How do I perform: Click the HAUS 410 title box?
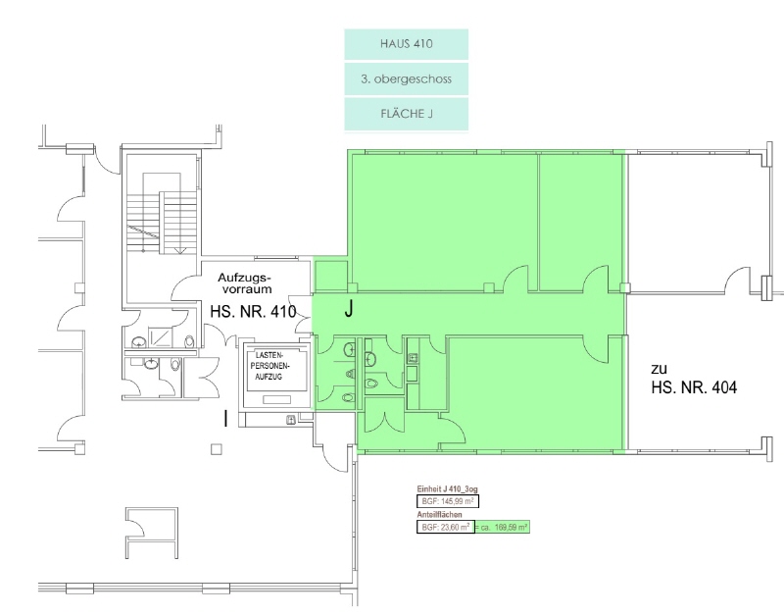point(406,44)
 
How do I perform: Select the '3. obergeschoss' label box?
point(406,79)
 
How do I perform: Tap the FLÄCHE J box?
point(406,114)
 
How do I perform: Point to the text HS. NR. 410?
point(253,312)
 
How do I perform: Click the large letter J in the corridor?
point(349,309)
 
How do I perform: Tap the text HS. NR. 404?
point(694,386)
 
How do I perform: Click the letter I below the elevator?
point(226,419)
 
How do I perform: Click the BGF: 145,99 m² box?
point(448,501)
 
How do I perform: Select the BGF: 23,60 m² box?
point(446,527)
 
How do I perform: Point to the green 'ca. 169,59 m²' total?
point(502,527)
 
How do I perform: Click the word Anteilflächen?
point(439,514)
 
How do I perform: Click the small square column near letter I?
point(216,449)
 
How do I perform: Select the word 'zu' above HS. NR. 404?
point(659,370)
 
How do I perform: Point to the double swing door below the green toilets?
point(384,422)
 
